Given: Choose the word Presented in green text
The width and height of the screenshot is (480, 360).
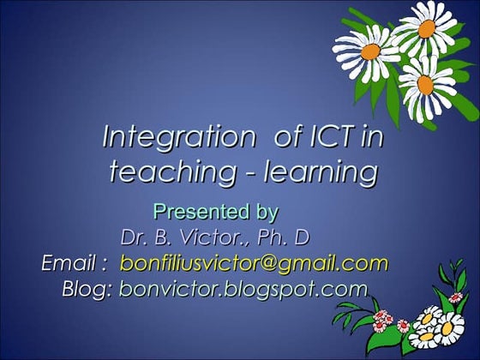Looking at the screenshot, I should pos(189,209).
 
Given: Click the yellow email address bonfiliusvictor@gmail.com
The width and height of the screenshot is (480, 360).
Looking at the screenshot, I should pos(254,262).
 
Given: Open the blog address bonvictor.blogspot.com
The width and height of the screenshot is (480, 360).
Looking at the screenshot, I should pos(243,289).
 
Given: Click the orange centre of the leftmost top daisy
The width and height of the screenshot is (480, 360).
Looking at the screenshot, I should pos(370,51).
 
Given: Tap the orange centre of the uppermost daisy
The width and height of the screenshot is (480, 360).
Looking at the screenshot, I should pos(426,27).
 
